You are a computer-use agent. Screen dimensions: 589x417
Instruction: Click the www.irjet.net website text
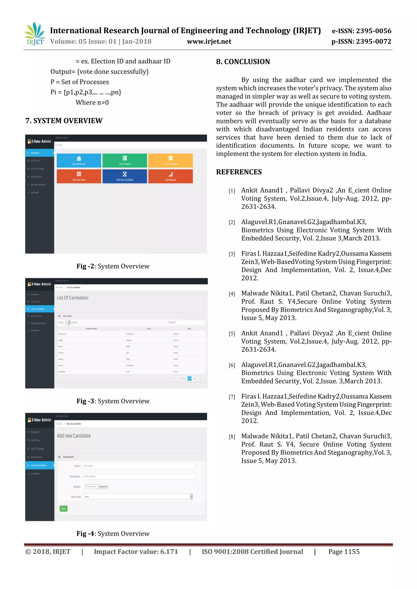(x=209, y=41)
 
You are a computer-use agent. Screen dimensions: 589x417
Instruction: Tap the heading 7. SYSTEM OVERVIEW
(x=64, y=121)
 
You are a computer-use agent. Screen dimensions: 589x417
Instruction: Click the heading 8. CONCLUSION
(x=243, y=62)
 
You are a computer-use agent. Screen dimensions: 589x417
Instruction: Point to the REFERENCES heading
(x=239, y=172)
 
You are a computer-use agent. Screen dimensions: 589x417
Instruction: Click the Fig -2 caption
(x=113, y=266)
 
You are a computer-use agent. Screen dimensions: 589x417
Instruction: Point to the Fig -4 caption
(x=113, y=534)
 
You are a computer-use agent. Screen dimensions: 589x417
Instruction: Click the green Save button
(x=63, y=508)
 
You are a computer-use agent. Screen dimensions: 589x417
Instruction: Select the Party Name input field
(x=139, y=476)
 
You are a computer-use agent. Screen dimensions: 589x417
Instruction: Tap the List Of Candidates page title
(x=73, y=298)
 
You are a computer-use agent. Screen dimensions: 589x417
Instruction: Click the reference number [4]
(x=232, y=294)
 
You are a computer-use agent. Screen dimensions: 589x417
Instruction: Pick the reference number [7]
(x=232, y=397)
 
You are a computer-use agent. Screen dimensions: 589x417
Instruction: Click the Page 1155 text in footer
(x=344, y=552)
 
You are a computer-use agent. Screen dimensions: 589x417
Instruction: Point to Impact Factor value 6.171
(x=136, y=552)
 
